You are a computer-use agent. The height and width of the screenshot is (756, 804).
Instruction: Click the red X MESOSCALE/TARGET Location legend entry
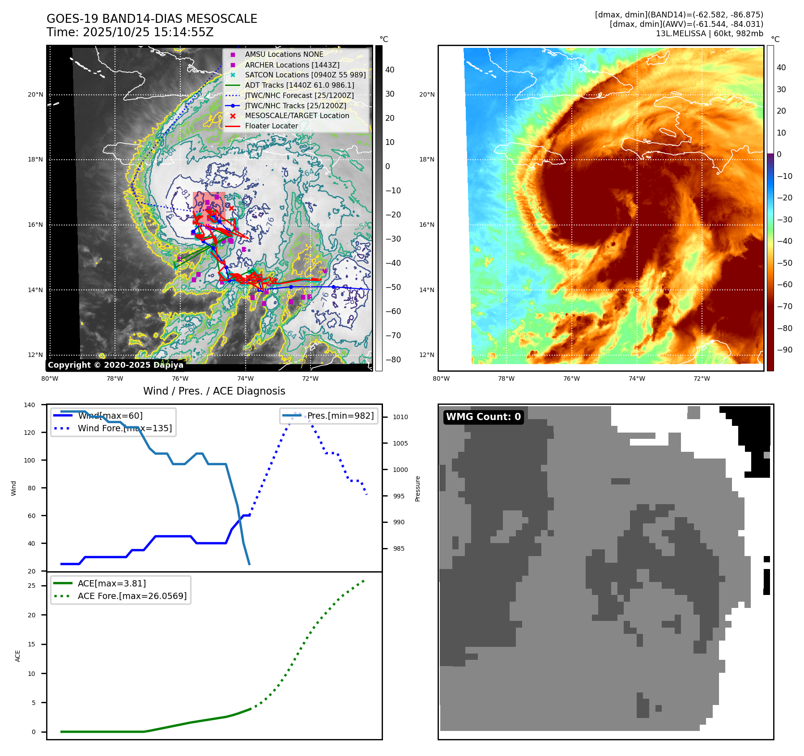[297, 116]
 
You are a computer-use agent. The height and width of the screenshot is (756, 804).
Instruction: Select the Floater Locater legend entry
[271, 126]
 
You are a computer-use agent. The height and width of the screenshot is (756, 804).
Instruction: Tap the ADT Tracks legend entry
[299, 85]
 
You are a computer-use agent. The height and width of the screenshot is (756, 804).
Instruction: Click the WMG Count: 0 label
[483, 417]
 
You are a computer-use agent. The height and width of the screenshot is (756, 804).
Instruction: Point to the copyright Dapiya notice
[115, 365]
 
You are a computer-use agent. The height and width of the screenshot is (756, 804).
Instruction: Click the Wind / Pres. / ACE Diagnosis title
[214, 391]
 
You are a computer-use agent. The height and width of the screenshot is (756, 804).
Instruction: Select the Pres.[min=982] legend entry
[340, 416]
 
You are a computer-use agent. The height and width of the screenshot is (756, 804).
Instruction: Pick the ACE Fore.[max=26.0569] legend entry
[132, 596]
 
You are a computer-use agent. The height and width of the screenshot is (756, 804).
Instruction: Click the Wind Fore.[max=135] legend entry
[124, 428]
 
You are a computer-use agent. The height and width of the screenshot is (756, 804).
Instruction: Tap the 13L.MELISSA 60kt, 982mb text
[709, 34]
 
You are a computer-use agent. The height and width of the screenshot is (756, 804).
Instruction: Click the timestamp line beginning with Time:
[130, 32]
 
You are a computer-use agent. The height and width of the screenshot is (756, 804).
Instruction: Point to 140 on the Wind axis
[30, 405]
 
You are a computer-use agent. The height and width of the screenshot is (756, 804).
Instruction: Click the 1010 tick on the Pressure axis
[400, 417]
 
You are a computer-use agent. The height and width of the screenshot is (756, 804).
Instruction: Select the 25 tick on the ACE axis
[31, 586]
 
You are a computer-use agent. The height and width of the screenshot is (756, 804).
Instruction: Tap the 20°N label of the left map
[35, 94]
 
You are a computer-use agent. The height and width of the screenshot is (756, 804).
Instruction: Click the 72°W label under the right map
[701, 378]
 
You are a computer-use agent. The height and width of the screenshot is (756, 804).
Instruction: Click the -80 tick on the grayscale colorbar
[393, 360]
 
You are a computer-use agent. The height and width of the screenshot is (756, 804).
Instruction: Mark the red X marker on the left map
[231, 208]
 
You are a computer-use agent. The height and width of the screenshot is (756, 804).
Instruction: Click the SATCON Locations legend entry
[305, 75]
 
